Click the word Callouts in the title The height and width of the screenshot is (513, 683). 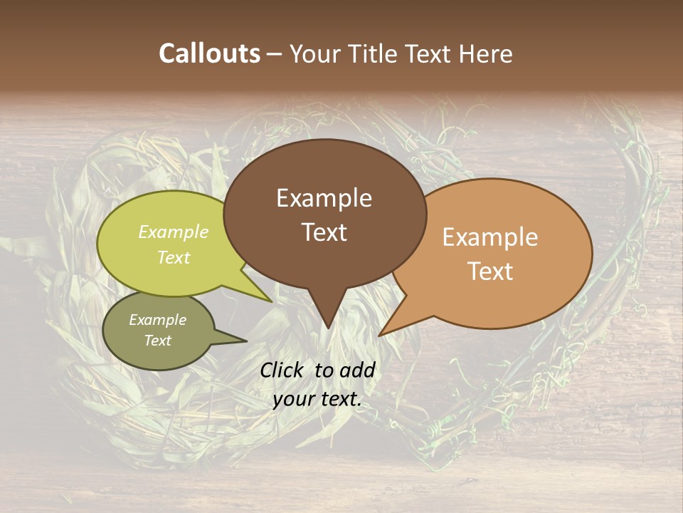click(209, 53)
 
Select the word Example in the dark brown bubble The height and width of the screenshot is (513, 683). click(324, 198)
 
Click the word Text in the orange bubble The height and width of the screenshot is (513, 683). click(490, 271)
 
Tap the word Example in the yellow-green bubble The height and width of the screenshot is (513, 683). click(174, 232)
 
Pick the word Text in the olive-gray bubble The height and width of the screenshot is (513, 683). click(157, 341)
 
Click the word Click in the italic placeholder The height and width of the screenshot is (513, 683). click(283, 370)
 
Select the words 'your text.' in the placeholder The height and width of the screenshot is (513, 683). click(317, 400)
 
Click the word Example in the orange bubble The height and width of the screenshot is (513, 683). click(490, 237)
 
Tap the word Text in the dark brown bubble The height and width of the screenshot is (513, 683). click(324, 232)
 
